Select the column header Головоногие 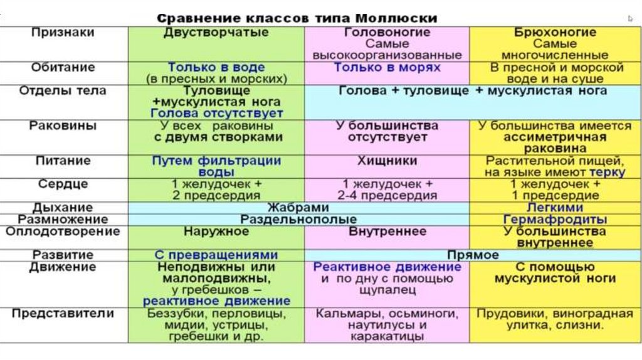387,32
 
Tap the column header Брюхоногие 554,32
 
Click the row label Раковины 63,125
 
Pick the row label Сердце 63,184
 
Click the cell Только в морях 387,67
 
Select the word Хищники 387,161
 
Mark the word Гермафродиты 555,220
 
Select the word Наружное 216,231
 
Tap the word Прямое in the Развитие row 473,255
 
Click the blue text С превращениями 216,255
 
